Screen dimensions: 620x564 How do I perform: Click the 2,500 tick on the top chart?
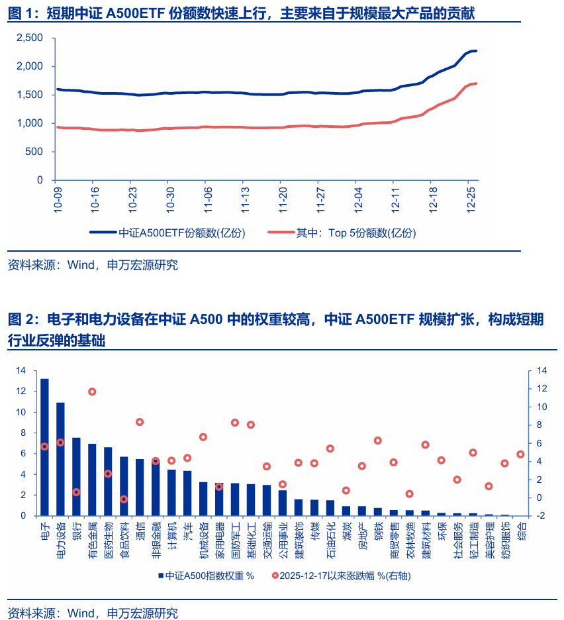[29, 38]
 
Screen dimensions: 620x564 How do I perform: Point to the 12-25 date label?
[472, 198]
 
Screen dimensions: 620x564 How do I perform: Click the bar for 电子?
[44, 447]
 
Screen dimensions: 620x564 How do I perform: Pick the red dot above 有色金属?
[92, 391]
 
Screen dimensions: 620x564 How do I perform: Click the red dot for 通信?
[140, 422]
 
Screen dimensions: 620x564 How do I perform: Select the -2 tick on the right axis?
[541, 515]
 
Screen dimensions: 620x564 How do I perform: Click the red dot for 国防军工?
[235, 423]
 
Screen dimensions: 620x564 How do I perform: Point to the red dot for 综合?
[520, 454]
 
